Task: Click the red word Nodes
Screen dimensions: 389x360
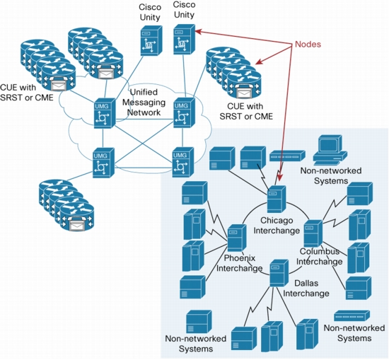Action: (308, 44)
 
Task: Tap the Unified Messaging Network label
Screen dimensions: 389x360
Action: (144, 103)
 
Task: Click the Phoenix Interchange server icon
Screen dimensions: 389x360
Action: (237, 238)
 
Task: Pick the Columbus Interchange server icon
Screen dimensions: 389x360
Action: (313, 233)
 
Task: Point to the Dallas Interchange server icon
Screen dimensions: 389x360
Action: (279, 273)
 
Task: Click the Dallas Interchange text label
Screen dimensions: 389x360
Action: (306, 289)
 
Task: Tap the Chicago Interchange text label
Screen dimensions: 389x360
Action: (277, 226)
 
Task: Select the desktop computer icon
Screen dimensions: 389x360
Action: (330, 150)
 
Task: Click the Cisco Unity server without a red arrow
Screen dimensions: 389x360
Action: (151, 41)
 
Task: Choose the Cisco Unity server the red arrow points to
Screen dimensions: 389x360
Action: (185, 39)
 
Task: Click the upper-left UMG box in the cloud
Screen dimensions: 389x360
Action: (105, 113)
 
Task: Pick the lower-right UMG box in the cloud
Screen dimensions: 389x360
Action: (183, 162)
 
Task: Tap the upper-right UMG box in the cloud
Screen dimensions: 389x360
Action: (184, 112)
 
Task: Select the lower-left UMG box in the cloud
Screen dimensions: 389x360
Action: (104, 163)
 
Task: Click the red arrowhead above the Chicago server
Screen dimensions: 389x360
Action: (280, 177)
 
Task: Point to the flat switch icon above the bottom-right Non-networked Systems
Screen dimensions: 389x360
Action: (352, 315)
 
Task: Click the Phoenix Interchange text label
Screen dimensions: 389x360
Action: (239, 263)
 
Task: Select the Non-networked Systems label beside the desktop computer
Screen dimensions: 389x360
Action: (331, 175)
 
